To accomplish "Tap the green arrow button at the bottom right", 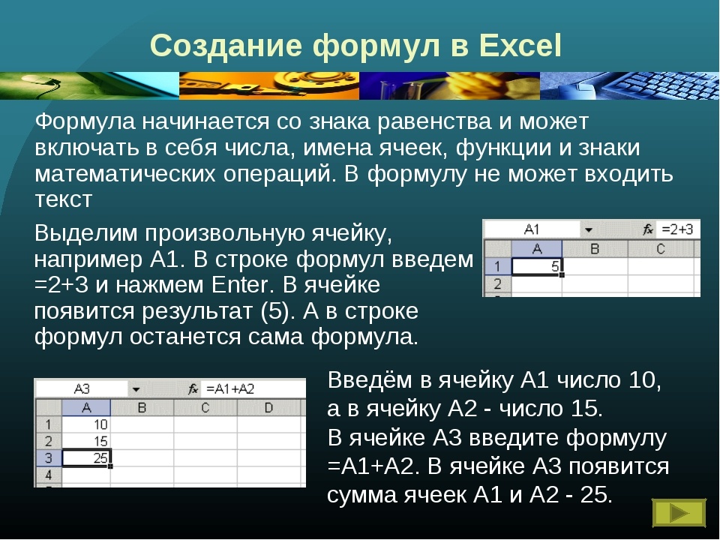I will (x=679, y=513).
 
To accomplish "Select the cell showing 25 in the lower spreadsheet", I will (x=86, y=457).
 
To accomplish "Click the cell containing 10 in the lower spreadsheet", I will (x=86, y=424).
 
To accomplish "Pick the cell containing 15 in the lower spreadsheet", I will (x=86, y=440).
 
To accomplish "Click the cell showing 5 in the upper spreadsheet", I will (x=536, y=266).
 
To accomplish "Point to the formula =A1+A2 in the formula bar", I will (x=230, y=388).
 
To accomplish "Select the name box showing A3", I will (x=82, y=388).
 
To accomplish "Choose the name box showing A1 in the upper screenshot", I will (x=532, y=229).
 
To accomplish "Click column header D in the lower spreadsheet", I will (x=267, y=407).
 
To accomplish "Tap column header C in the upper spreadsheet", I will (x=660, y=248).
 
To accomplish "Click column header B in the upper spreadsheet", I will (x=595, y=248).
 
